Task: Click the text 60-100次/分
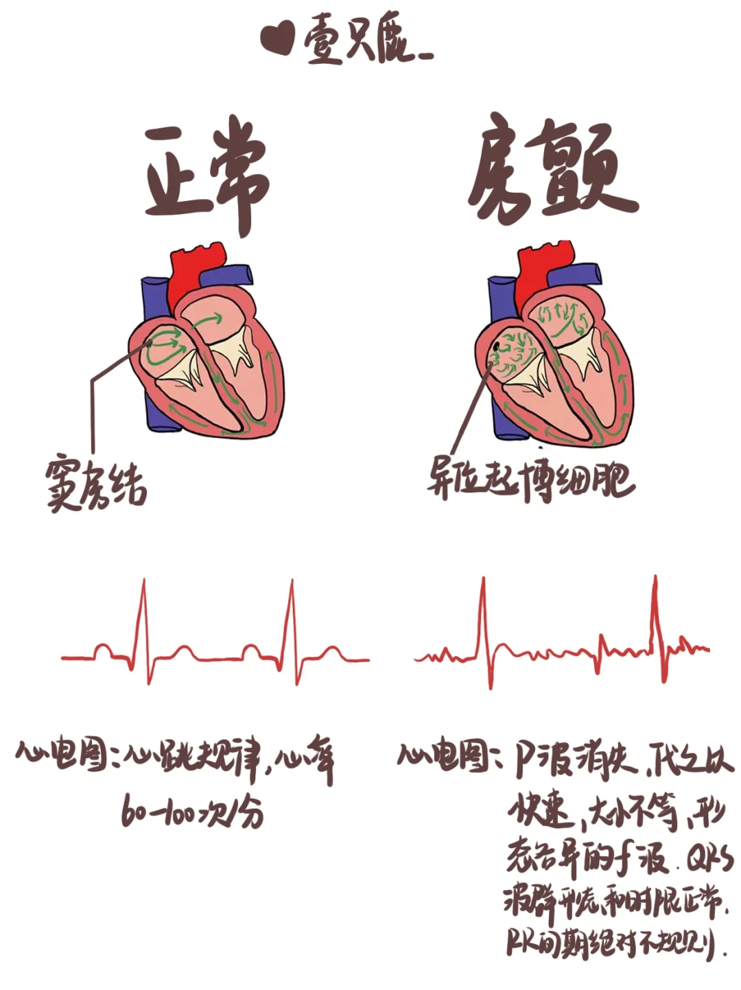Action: (x=192, y=813)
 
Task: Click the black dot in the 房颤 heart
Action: (x=496, y=356)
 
